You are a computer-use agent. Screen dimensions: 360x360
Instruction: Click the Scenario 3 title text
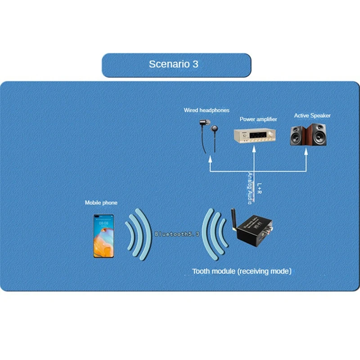click(173, 64)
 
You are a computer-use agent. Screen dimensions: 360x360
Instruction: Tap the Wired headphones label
click(207, 110)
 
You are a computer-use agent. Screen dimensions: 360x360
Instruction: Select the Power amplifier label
click(258, 119)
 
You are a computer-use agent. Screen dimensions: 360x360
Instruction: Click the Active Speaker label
click(312, 116)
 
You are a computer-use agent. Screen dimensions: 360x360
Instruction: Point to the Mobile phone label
click(101, 203)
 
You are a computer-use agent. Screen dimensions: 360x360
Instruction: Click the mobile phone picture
click(103, 235)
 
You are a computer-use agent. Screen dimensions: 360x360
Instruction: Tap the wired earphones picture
click(207, 135)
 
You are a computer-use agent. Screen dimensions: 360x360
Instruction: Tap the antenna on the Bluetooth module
click(234, 219)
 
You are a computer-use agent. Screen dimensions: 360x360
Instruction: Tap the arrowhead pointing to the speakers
click(307, 153)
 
